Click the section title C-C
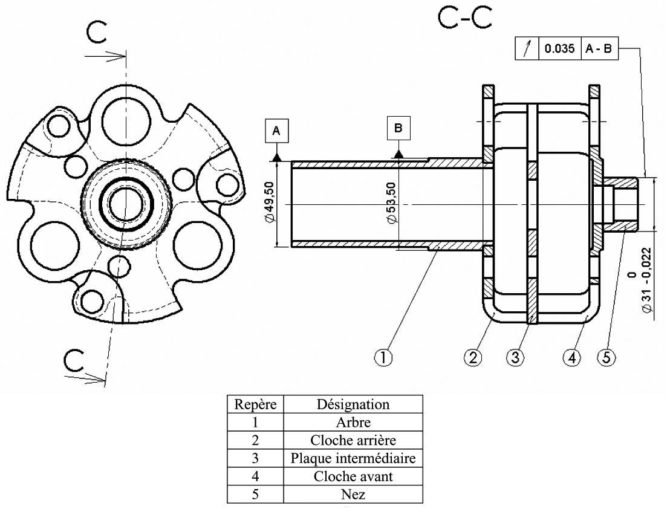(x=464, y=19)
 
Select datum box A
(x=276, y=131)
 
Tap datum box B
(x=398, y=129)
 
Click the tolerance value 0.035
(x=559, y=49)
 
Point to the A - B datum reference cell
(x=600, y=49)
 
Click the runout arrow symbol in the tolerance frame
(x=527, y=49)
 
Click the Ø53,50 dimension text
(x=391, y=204)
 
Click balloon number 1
(x=383, y=357)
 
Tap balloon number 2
(x=473, y=357)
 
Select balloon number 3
(x=515, y=357)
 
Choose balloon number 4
(x=571, y=357)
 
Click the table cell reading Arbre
(x=353, y=422)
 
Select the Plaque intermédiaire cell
(x=353, y=458)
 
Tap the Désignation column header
(x=353, y=404)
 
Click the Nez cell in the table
(x=353, y=494)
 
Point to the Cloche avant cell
(x=353, y=476)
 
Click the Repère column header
(x=255, y=404)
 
